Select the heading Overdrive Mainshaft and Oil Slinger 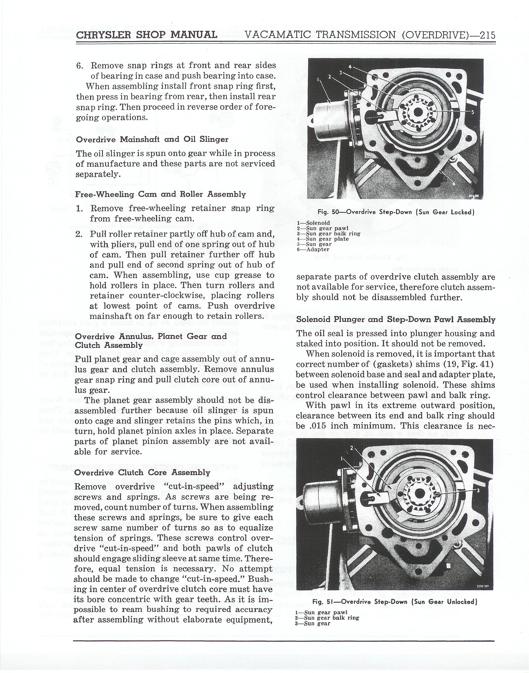point(152,139)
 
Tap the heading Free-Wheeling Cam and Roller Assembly point(160,195)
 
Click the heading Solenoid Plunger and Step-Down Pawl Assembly point(396,319)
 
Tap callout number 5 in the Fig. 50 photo point(472,112)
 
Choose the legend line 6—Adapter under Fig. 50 point(313,249)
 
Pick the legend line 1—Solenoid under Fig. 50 point(313,223)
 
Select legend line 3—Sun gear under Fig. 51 point(313,623)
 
